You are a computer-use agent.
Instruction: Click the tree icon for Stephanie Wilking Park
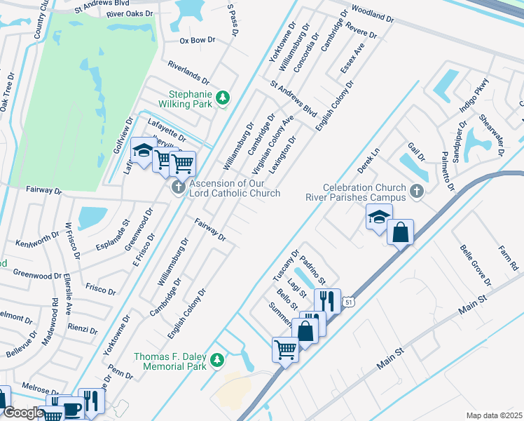(223, 98)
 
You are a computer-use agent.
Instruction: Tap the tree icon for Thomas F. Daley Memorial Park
(217, 360)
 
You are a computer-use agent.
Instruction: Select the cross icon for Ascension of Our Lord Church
(178, 187)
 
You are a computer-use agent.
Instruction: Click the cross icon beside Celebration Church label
(417, 191)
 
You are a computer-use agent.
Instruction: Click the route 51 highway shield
(348, 302)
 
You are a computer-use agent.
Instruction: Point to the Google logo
(22, 413)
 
